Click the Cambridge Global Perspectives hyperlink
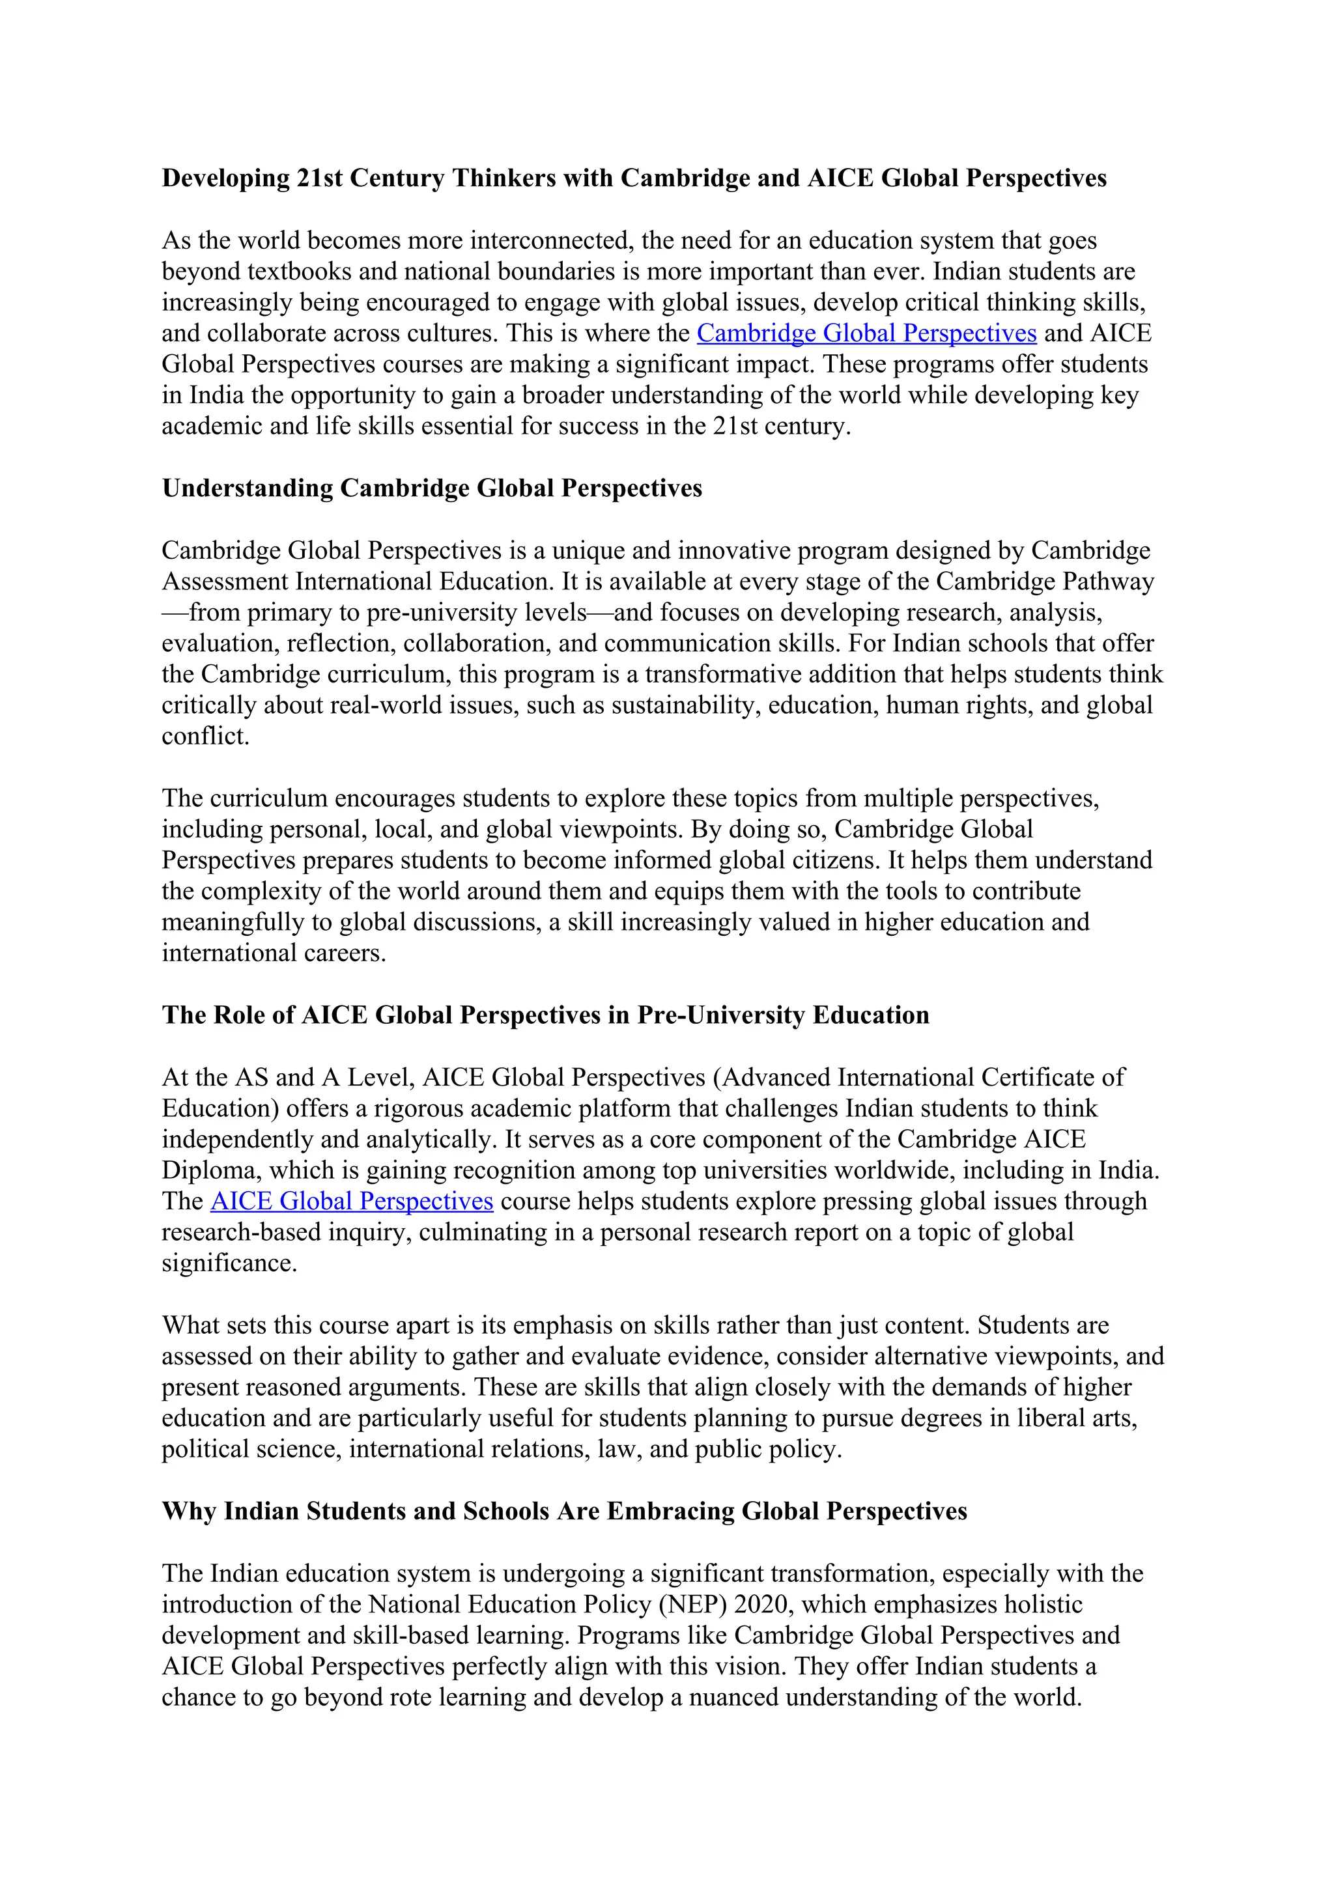coord(866,333)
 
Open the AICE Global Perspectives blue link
coord(352,1202)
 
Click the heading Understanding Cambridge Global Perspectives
coord(432,488)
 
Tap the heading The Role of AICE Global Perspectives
coord(545,1015)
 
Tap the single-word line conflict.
coord(205,737)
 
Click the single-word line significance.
coord(229,1263)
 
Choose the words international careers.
coord(274,953)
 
